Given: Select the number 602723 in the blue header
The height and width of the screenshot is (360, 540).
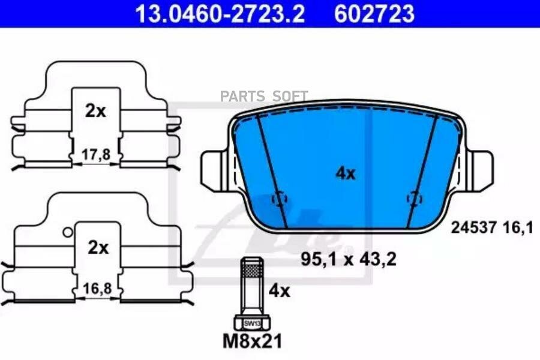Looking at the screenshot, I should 374,13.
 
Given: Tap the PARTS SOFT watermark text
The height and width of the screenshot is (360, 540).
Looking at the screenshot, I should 264,96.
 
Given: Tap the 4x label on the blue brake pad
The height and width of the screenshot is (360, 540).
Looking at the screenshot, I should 345,174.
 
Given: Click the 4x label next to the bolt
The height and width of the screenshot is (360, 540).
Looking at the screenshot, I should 278,292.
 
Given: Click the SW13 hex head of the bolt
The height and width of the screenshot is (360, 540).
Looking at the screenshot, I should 251,323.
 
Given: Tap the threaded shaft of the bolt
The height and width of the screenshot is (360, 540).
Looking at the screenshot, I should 251,282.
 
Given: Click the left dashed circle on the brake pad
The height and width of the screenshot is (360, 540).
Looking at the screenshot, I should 279,199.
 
